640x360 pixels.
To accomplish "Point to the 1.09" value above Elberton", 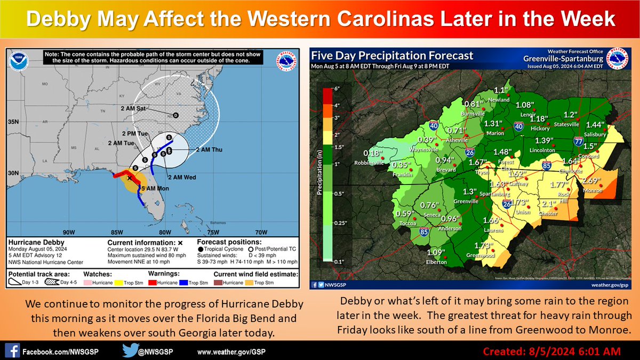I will [436, 252].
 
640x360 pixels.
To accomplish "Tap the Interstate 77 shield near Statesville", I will [579, 141].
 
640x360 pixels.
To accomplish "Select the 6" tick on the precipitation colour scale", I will [337, 87].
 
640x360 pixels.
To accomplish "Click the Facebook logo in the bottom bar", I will [14, 352].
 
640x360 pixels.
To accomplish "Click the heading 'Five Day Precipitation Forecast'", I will [392, 56].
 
